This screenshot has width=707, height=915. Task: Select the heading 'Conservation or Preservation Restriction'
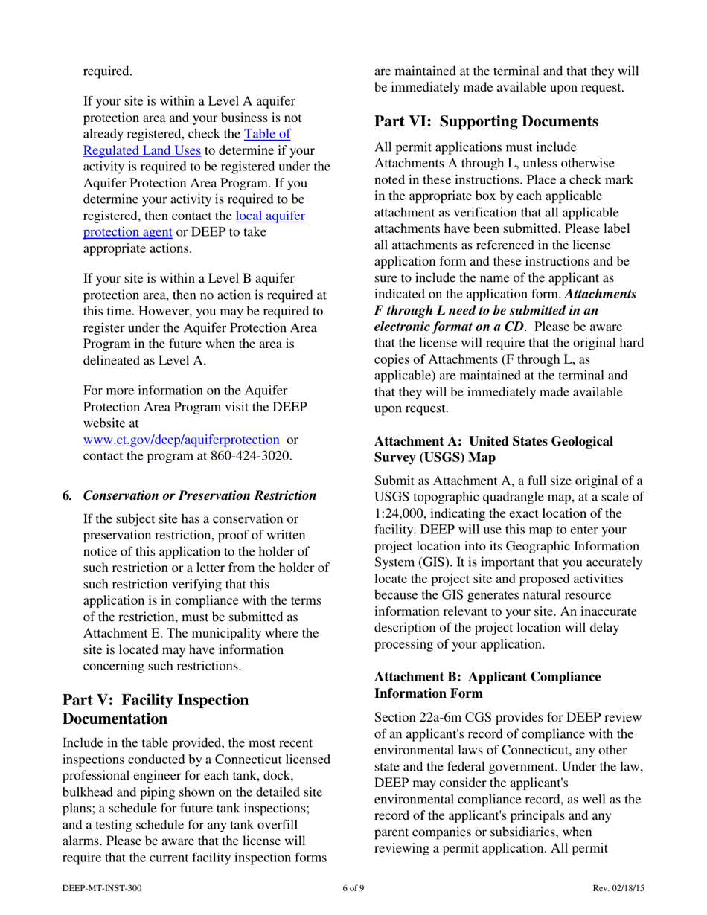199,495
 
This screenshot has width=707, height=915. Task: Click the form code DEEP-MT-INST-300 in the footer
102,888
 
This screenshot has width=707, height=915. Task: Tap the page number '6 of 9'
353,888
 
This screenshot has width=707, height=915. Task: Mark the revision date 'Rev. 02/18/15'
618,888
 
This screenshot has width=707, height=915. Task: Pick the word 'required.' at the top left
108,71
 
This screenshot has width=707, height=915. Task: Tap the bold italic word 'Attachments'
601,294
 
